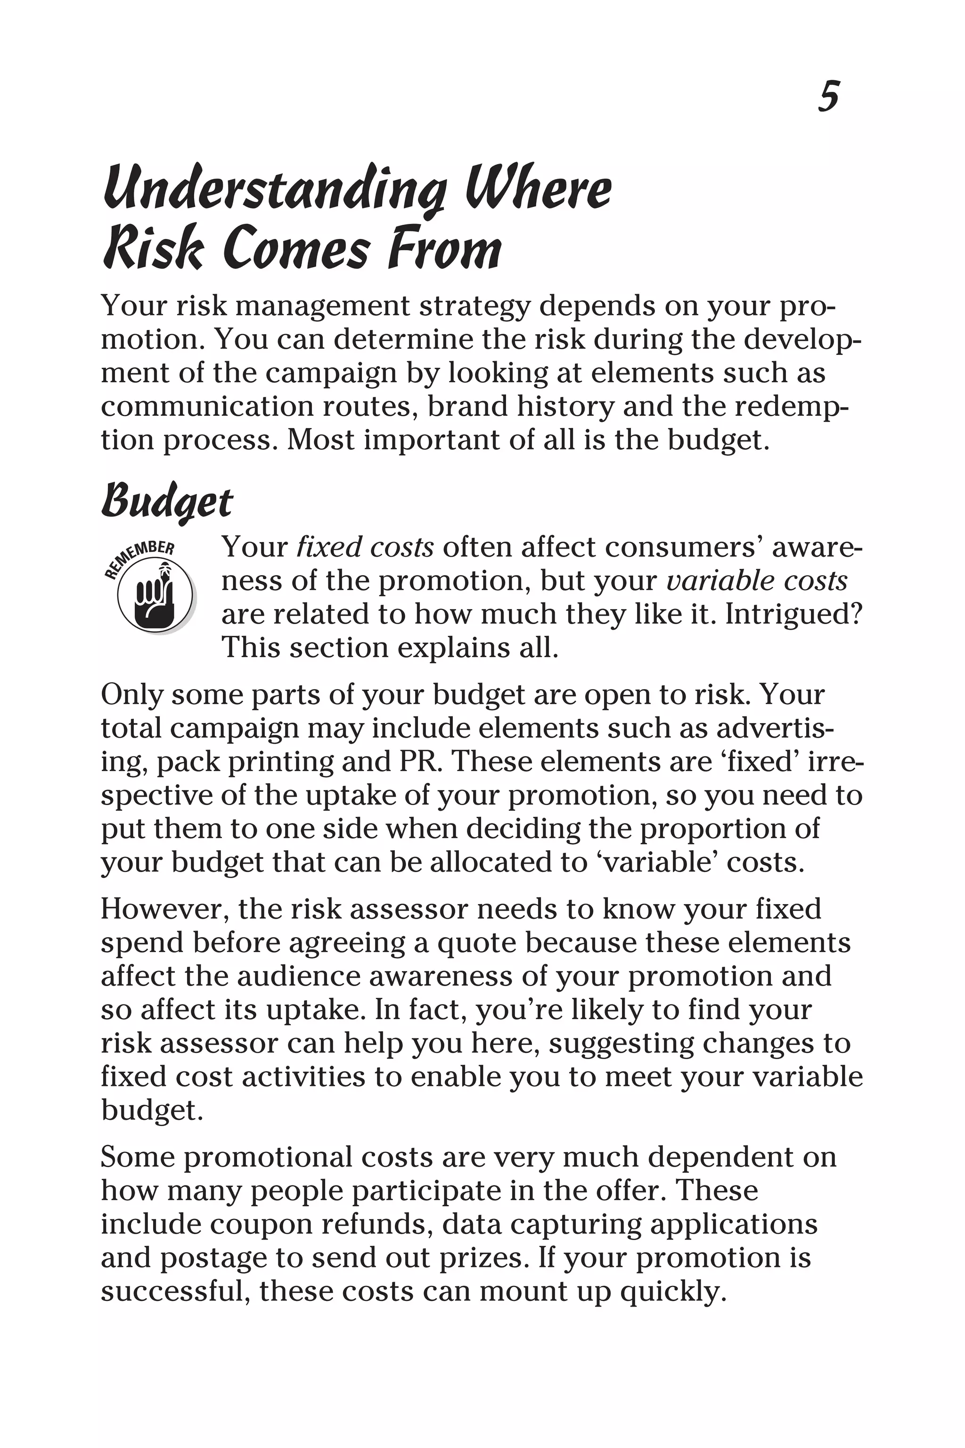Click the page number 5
828,97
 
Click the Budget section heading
167,502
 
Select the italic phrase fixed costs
365,547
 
